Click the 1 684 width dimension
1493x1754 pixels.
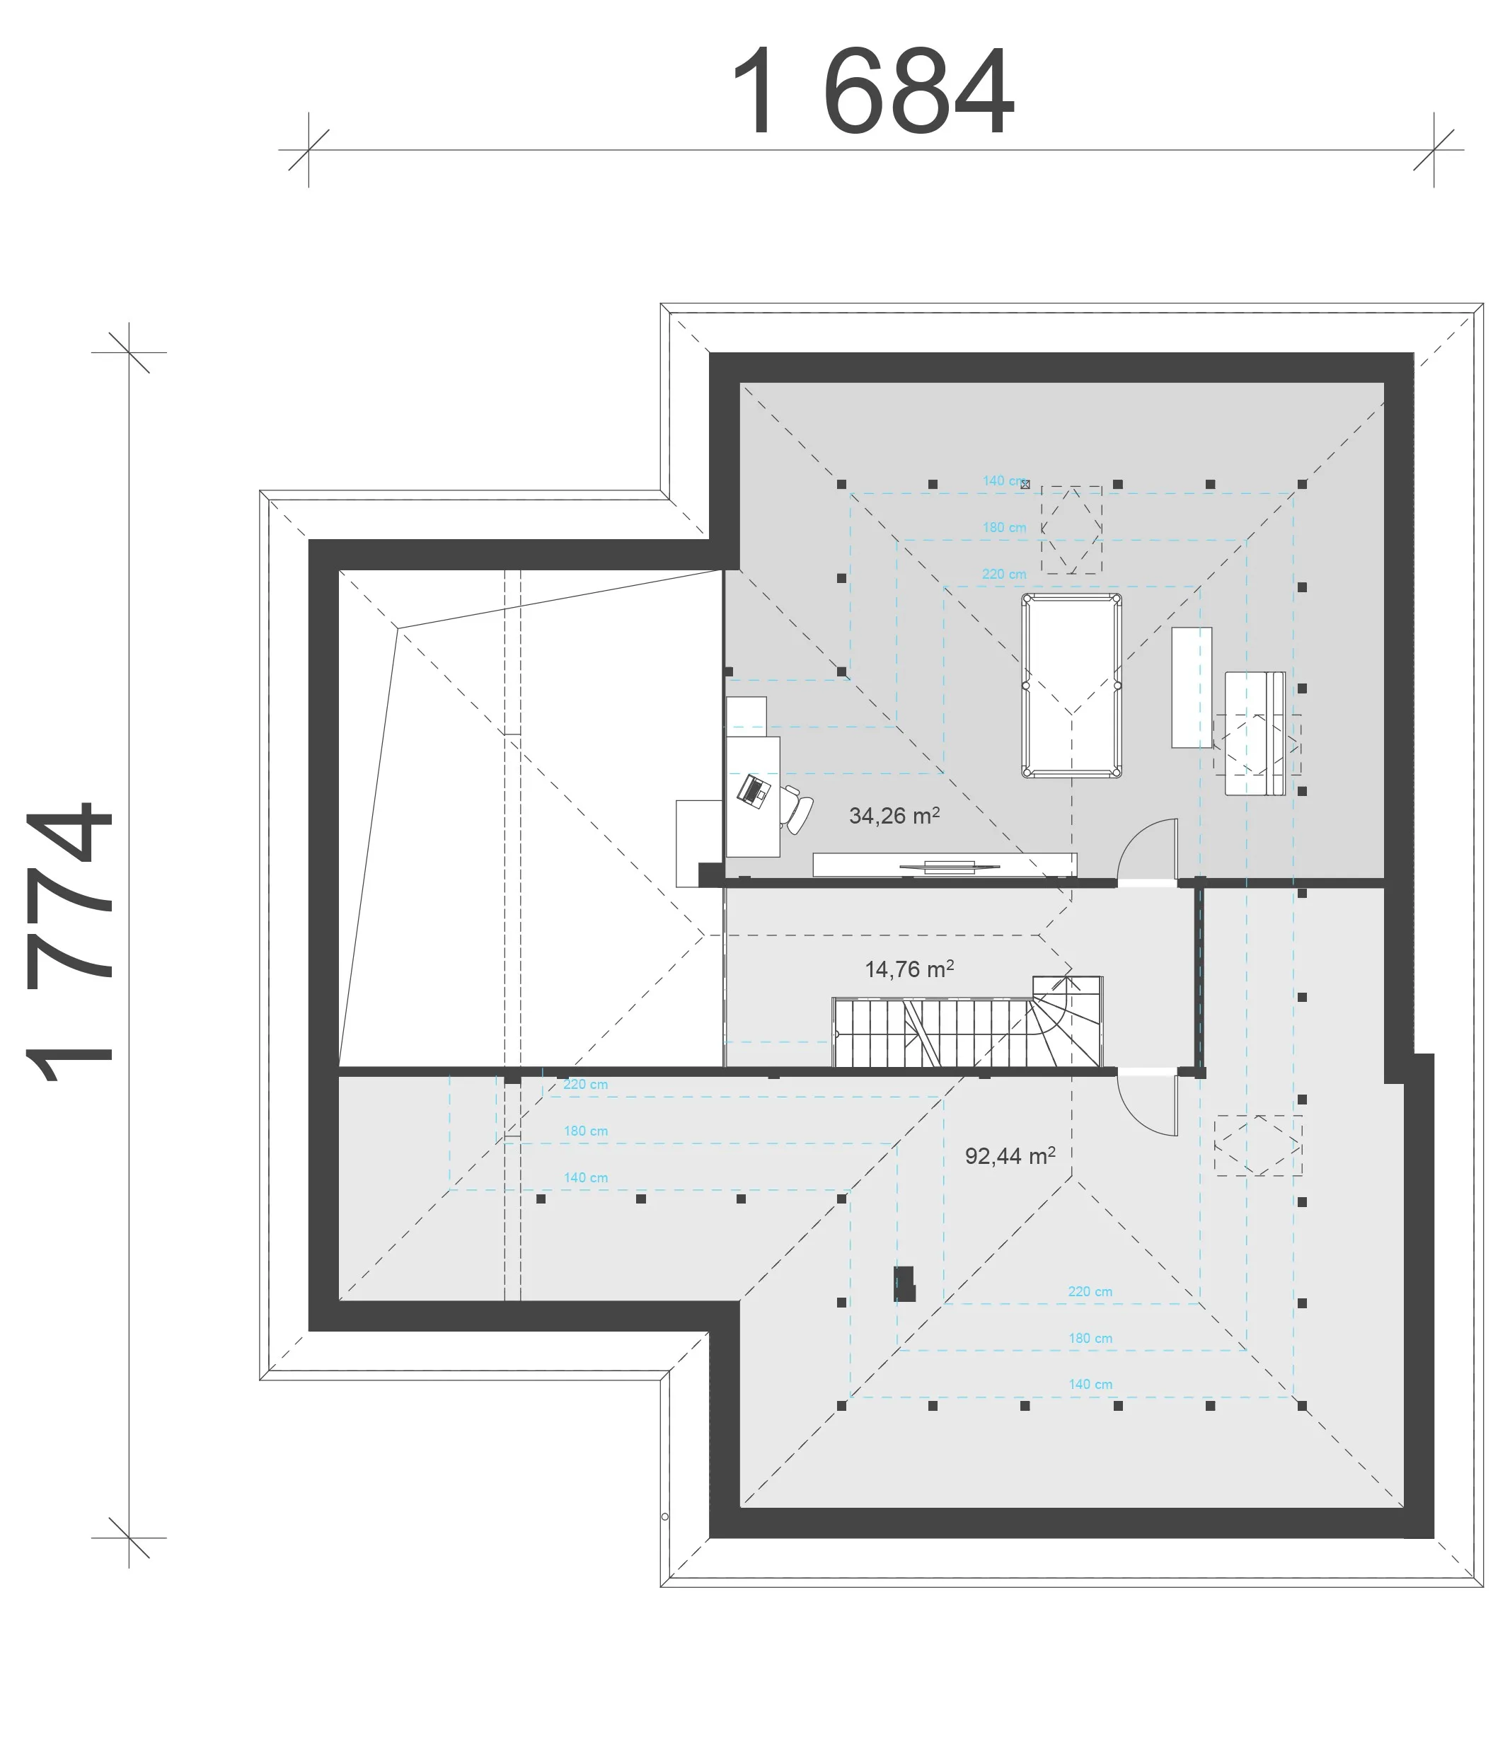(x=872, y=91)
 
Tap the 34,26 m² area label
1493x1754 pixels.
(x=894, y=816)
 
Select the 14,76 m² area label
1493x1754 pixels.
(x=909, y=969)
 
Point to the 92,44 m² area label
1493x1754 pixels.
(x=1010, y=1156)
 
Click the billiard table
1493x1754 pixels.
(x=1071, y=686)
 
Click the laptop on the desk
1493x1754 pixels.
(x=752, y=791)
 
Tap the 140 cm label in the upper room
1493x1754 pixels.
(x=1005, y=480)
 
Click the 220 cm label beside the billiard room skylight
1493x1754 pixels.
(x=1004, y=574)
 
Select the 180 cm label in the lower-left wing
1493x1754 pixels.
(x=586, y=1131)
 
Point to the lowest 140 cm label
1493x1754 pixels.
(x=1090, y=1384)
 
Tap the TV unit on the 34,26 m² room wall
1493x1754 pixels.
(x=945, y=865)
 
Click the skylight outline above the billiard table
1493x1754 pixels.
(x=1071, y=530)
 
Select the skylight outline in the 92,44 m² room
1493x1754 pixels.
(x=1257, y=1146)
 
